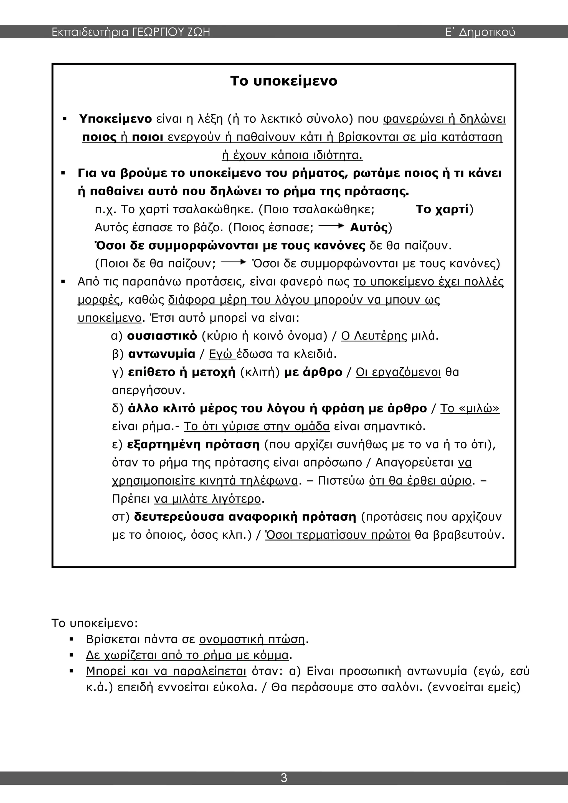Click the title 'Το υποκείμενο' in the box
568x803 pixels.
click(x=284, y=81)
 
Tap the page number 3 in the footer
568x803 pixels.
click(x=284, y=777)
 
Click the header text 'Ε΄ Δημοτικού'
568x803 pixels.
click(x=480, y=32)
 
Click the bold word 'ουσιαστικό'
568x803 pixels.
click(x=162, y=336)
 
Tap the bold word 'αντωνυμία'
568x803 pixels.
click(x=162, y=354)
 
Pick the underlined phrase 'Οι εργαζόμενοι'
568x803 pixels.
click(x=398, y=372)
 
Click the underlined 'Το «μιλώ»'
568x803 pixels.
click(x=470, y=408)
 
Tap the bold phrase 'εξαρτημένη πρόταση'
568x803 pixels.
click(x=193, y=445)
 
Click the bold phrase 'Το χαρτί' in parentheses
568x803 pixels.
click(x=442, y=209)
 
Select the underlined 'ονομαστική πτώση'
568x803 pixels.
click(x=252, y=639)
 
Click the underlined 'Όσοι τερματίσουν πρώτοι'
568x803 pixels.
click(x=338, y=535)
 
